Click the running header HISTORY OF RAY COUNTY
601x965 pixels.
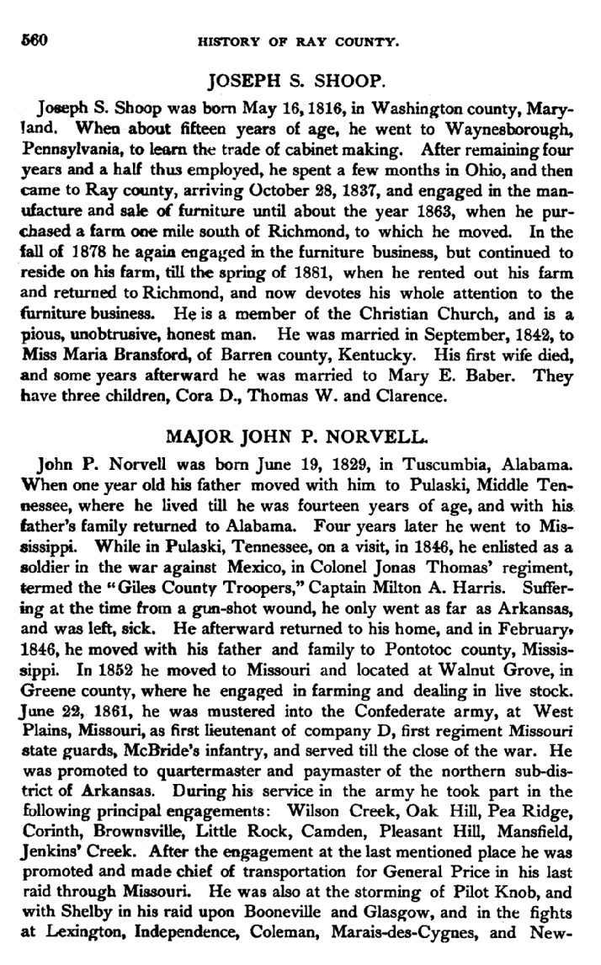click(301, 40)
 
